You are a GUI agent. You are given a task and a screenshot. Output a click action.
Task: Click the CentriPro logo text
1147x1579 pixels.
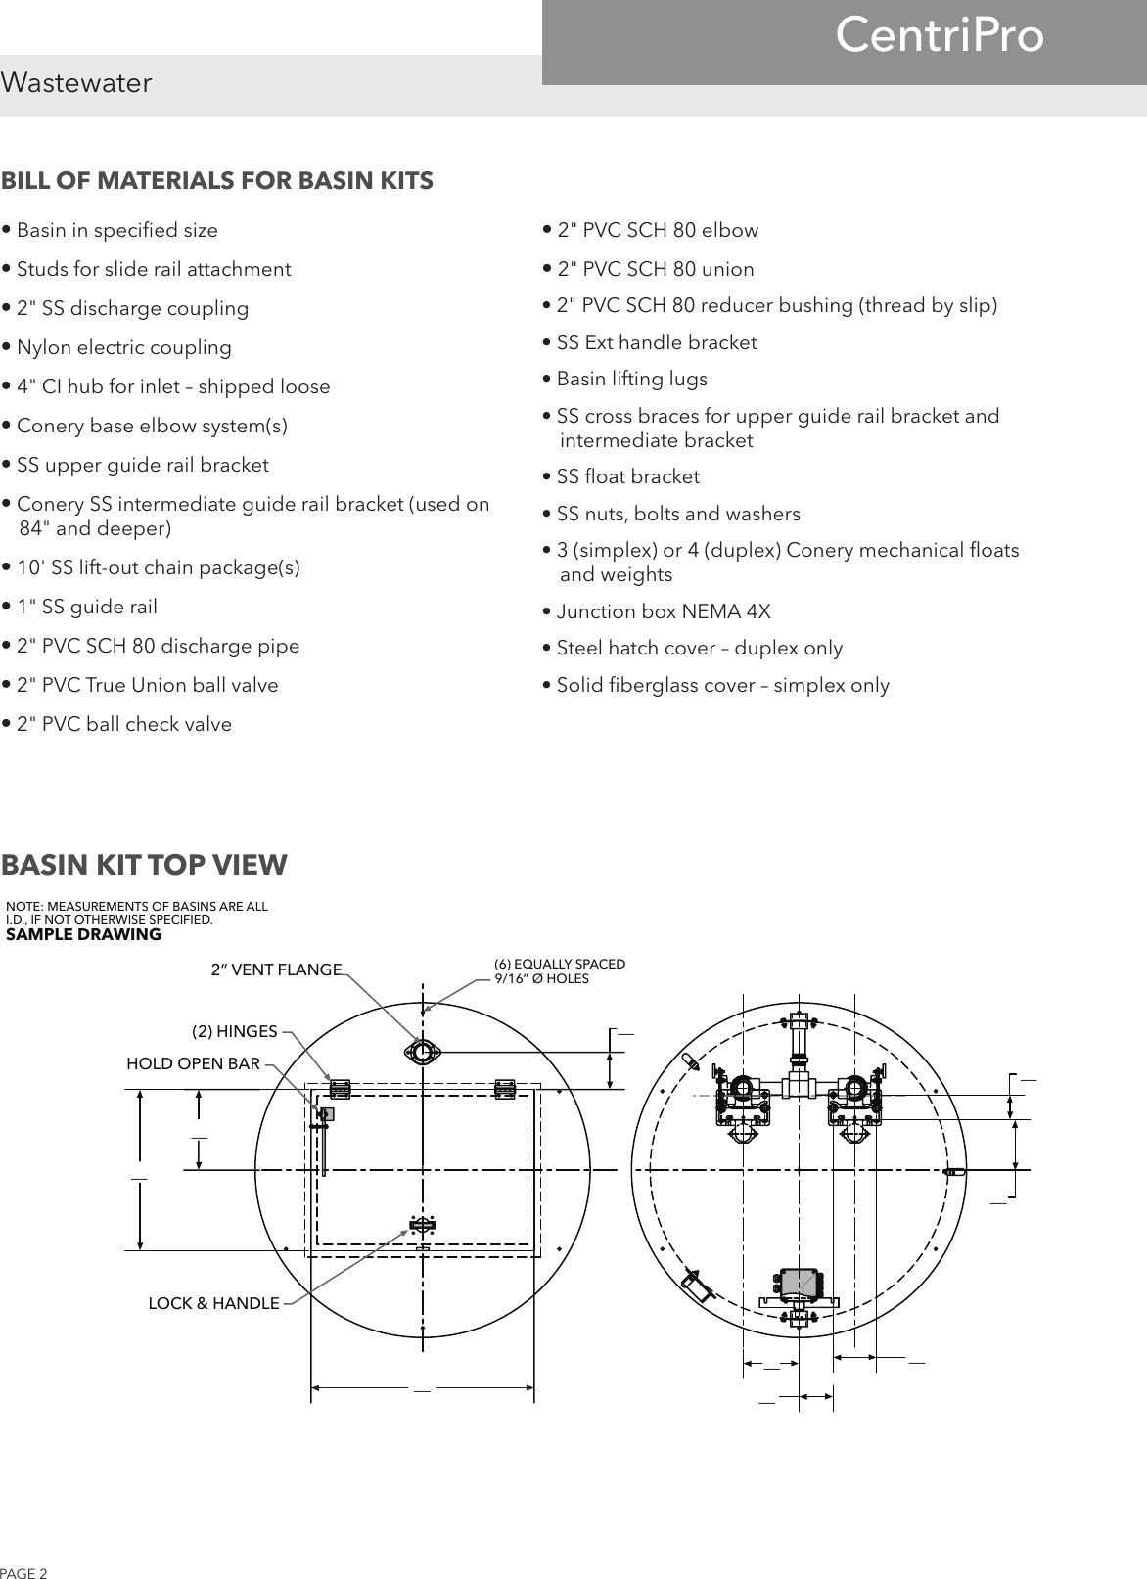[940, 37]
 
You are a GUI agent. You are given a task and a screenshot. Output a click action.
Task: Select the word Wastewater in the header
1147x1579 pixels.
[76, 83]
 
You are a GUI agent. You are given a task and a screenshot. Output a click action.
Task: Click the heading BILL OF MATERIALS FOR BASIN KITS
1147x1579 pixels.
[217, 181]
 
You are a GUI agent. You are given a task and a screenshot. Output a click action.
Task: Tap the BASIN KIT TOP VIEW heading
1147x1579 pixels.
[145, 865]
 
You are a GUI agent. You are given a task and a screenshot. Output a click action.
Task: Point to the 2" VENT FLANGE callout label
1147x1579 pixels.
[277, 970]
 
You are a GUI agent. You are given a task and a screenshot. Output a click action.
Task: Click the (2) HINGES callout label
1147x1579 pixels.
[234, 1031]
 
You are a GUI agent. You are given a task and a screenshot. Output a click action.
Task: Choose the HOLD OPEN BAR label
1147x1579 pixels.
[194, 1063]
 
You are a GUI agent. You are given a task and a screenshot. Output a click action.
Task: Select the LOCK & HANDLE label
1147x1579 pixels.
[213, 1303]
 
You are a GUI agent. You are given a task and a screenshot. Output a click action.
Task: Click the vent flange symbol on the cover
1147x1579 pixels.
[423, 1052]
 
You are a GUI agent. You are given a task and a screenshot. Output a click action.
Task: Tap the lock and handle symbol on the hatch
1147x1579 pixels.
[423, 1225]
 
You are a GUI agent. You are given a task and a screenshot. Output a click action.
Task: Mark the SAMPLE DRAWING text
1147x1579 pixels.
[83, 935]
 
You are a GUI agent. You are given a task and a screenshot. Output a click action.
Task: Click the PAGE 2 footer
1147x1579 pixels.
[23, 1573]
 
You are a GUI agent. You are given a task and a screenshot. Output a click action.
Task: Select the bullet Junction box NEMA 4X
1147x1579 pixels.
[663, 612]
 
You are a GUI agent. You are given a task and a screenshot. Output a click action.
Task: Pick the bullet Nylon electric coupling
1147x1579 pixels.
[123, 348]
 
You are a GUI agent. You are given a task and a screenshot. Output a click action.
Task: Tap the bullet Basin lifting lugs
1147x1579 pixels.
[631, 380]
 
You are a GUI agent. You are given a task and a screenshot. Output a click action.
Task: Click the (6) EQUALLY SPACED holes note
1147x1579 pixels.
[560, 970]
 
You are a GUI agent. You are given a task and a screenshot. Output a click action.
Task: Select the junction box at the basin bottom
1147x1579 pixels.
[799, 1284]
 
